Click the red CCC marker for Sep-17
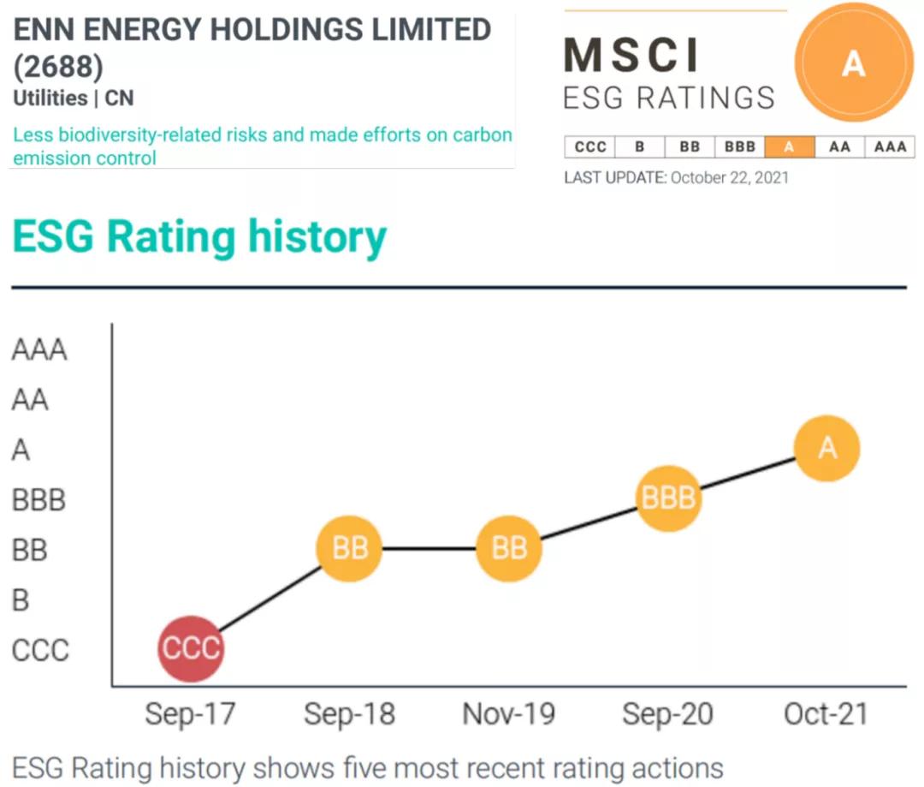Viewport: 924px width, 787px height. [191, 649]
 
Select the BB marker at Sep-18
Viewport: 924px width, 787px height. [349, 548]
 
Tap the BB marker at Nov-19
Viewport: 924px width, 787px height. [509, 548]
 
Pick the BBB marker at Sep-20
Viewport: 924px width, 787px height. [668, 498]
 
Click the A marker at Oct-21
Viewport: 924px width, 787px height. [826, 449]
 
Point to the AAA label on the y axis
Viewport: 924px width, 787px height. [39, 350]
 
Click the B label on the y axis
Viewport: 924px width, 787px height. [21, 600]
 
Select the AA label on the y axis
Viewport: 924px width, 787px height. [30, 400]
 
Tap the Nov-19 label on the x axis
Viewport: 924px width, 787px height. [509, 714]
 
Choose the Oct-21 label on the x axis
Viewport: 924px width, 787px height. [826, 714]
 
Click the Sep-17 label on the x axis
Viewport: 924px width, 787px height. [190, 714]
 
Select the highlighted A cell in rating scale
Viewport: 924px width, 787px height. [789, 146]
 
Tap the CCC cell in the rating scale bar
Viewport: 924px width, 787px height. [590, 146]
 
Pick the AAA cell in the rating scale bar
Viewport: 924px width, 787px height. [890, 146]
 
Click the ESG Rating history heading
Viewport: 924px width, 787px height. [199, 237]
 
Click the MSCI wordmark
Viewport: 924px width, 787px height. [632, 56]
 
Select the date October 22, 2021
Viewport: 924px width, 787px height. [730, 178]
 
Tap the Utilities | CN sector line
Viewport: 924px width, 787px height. [74, 98]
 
